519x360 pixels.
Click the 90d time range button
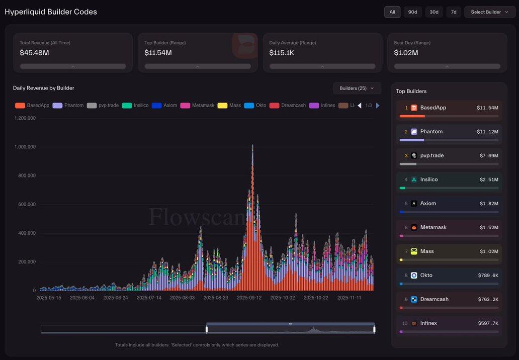point(412,12)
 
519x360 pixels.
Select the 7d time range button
point(454,12)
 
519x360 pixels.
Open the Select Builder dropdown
point(489,12)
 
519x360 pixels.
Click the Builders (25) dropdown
point(357,88)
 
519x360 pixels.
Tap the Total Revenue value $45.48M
point(34,52)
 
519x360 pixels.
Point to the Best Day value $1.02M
point(406,52)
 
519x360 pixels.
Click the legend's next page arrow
point(378,106)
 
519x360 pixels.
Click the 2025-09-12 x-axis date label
point(249,298)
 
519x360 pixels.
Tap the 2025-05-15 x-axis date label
point(49,298)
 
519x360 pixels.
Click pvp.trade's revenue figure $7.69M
point(487,156)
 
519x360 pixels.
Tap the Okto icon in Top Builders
point(414,276)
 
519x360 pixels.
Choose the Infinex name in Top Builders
point(428,323)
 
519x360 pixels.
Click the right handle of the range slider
point(374,329)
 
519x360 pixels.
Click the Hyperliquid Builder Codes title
point(51,12)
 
